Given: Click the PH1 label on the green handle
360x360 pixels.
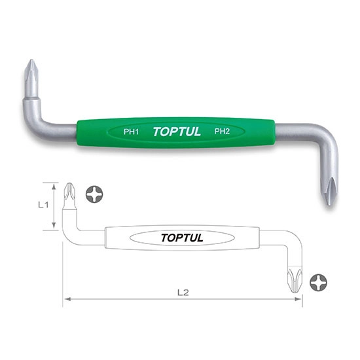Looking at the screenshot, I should click(130, 131).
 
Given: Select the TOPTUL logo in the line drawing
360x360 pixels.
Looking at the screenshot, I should click(181, 238).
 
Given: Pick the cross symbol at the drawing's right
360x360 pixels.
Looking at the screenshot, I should click(319, 282).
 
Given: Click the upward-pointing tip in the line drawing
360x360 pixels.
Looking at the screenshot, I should click(67, 194).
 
